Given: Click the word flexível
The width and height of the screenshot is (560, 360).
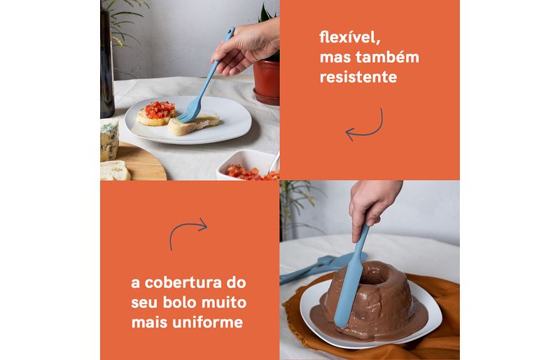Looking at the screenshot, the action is (349, 38).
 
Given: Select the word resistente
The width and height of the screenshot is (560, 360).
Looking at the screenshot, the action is (358, 77).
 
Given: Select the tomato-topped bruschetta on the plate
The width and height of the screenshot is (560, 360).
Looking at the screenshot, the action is (156, 113).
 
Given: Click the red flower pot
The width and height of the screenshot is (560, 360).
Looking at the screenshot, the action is (267, 82).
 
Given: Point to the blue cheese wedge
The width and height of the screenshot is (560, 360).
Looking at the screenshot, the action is (108, 139).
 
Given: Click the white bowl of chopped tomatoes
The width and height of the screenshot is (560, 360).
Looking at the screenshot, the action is (248, 165).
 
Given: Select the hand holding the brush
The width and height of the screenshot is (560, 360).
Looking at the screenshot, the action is (246, 46).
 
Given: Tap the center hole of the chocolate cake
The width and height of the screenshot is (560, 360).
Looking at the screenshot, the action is (374, 275).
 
